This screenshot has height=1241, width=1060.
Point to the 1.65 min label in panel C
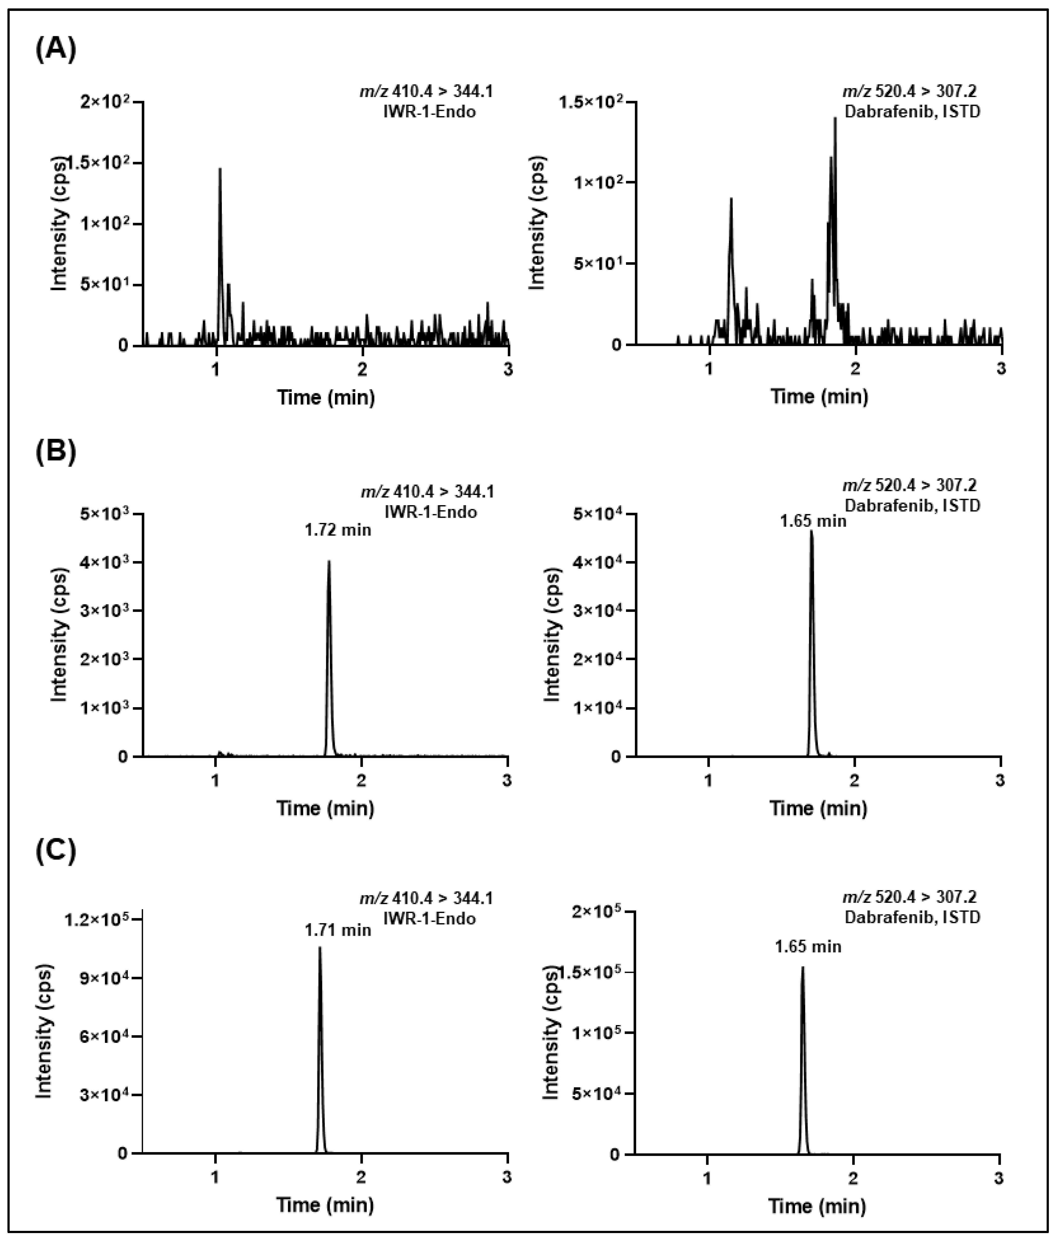click(808, 946)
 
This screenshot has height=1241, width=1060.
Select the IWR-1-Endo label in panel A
click(429, 112)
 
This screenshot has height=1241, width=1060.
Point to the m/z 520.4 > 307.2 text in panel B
click(909, 485)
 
